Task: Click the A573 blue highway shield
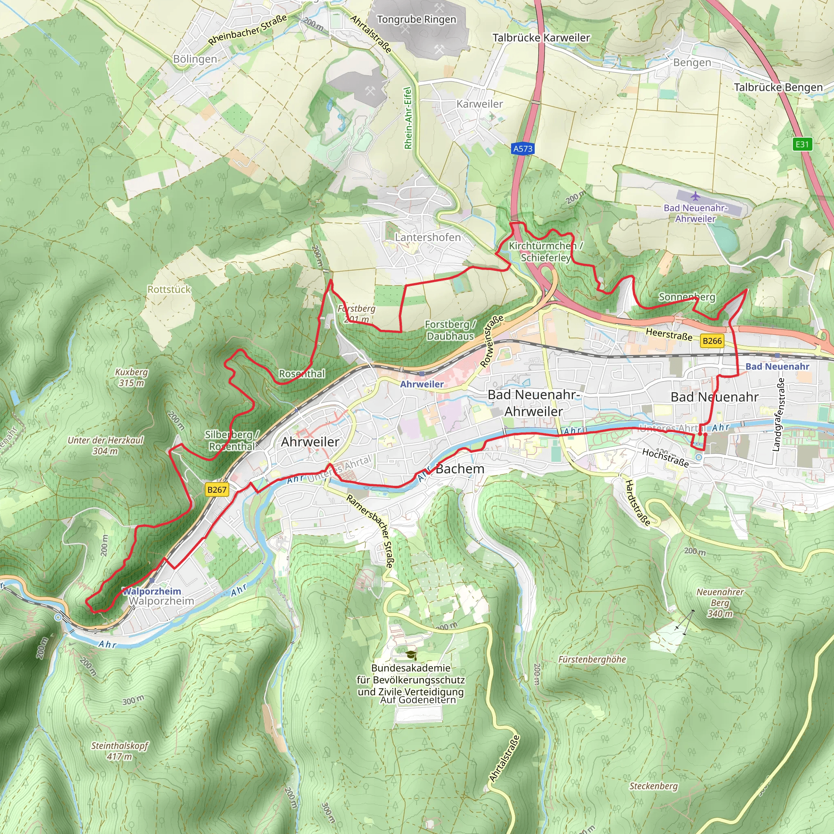[x=522, y=149]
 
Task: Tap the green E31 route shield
[x=802, y=144]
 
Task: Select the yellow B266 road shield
[x=712, y=341]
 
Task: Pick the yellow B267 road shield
[x=217, y=489]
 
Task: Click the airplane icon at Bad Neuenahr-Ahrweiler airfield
[x=695, y=196]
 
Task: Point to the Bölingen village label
[x=195, y=59]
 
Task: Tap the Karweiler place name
[x=480, y=104]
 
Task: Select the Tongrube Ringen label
[x=416, y=20]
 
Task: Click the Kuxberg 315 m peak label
[x=131, y=377]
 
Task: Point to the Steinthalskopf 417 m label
[x=120, y=751]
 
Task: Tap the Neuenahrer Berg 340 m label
[x=720, y=603]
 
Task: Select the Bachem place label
[x=460, y=469]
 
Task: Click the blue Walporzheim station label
[x=152, y=591]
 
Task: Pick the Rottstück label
[x=169, y=290]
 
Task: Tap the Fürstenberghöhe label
[x=592, y=660]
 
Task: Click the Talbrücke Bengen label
[x=778, y=87]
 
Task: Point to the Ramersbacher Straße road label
[x=371, y=531]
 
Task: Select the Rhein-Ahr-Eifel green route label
[x=408, y=118]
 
